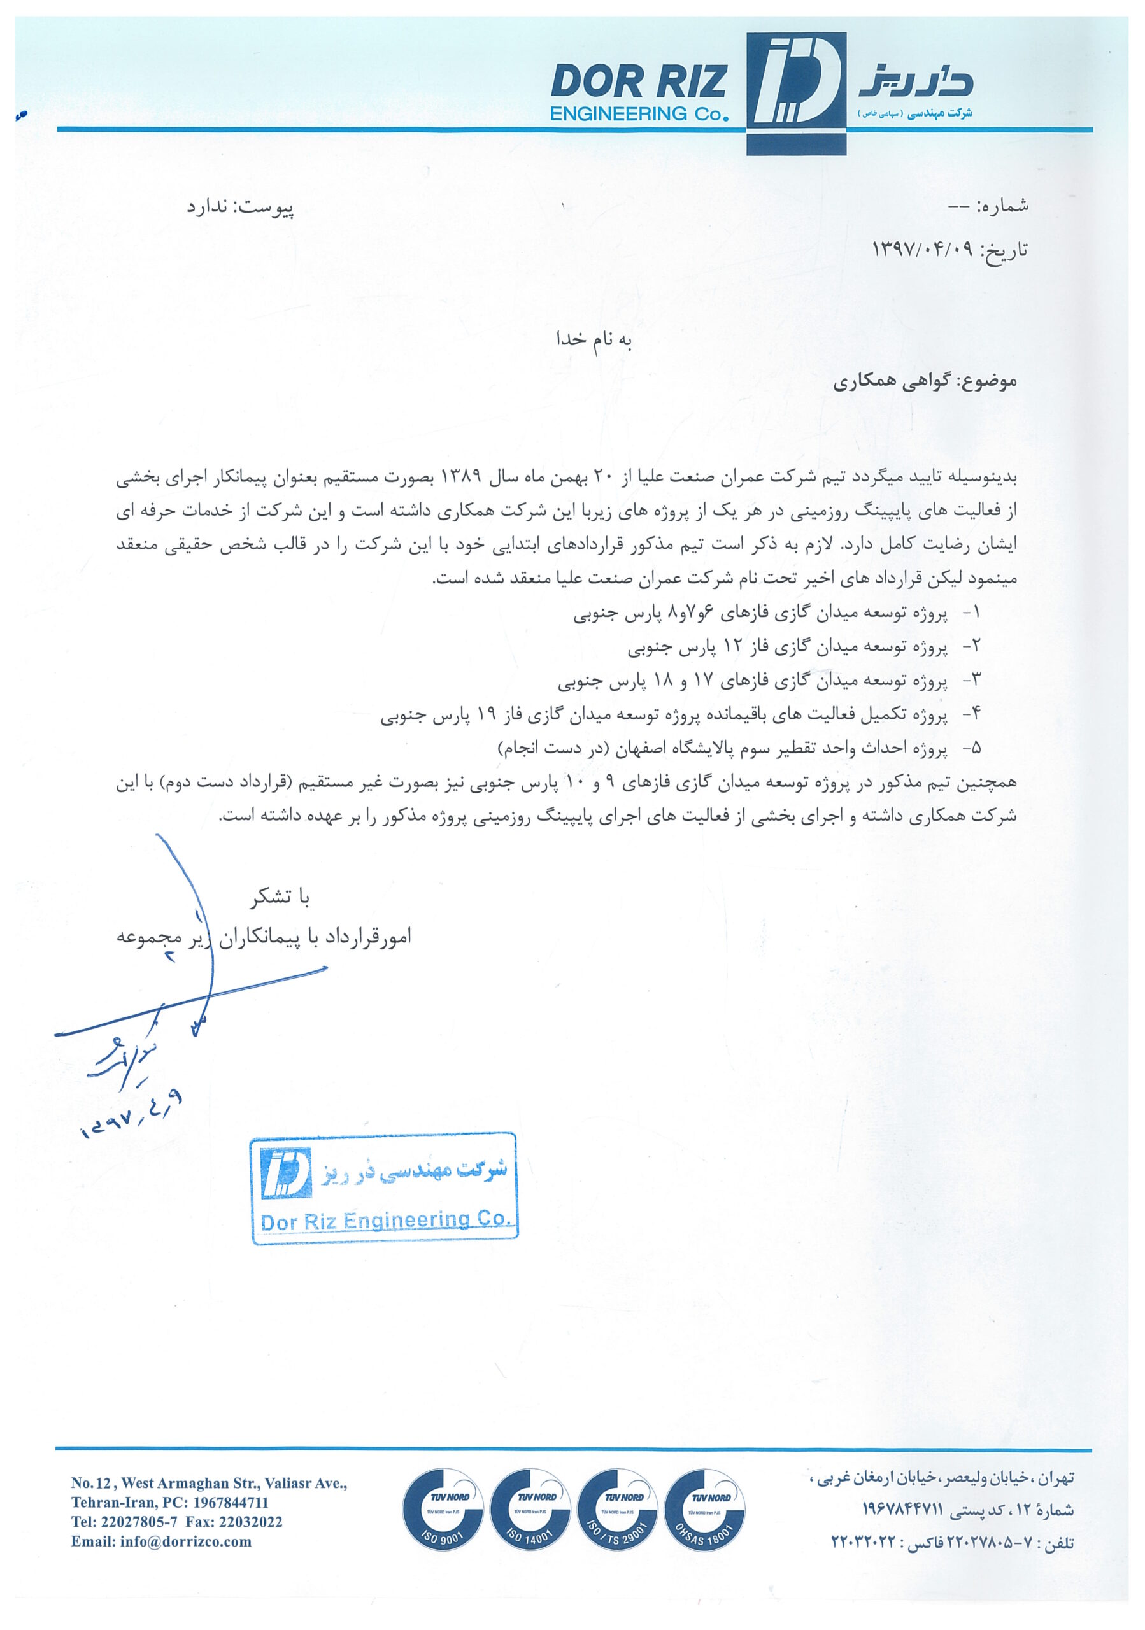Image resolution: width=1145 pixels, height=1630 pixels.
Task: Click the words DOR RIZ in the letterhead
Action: pyautogui.click(x=638, y=82)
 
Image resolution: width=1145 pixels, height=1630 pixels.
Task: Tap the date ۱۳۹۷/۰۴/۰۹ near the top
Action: pyautogui.click(x=923, y=249)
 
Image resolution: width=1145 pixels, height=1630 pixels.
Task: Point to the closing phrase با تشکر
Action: pyautogui.click(x=280, y=897)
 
